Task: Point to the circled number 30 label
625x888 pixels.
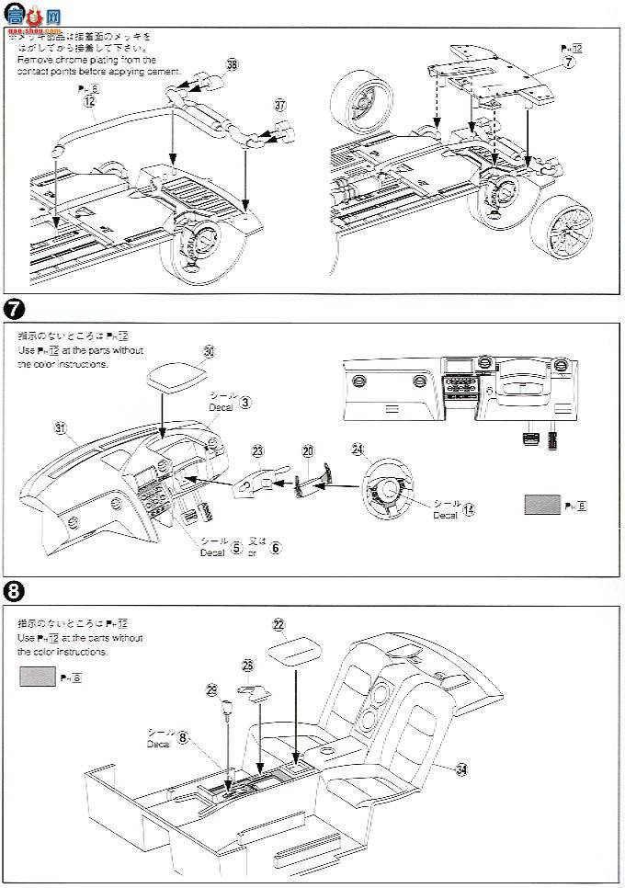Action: click(209, 351)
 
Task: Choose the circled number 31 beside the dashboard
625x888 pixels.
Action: click(62, 427)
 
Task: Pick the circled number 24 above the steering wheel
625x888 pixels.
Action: click(358, 450)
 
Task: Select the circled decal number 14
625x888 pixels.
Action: click(469, 509)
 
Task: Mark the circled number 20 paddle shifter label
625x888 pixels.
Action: click(308, 451)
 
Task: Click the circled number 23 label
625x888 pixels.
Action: click(257, 451)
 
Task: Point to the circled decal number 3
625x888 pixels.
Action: click(244, 402)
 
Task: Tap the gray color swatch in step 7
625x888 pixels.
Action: click(542, 505)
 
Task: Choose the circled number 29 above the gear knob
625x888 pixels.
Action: click(212, 689)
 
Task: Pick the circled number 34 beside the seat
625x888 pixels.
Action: click(461, 769)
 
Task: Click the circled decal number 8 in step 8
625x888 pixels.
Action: click(184, 737)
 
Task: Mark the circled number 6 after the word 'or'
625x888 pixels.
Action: click(275, 548)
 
